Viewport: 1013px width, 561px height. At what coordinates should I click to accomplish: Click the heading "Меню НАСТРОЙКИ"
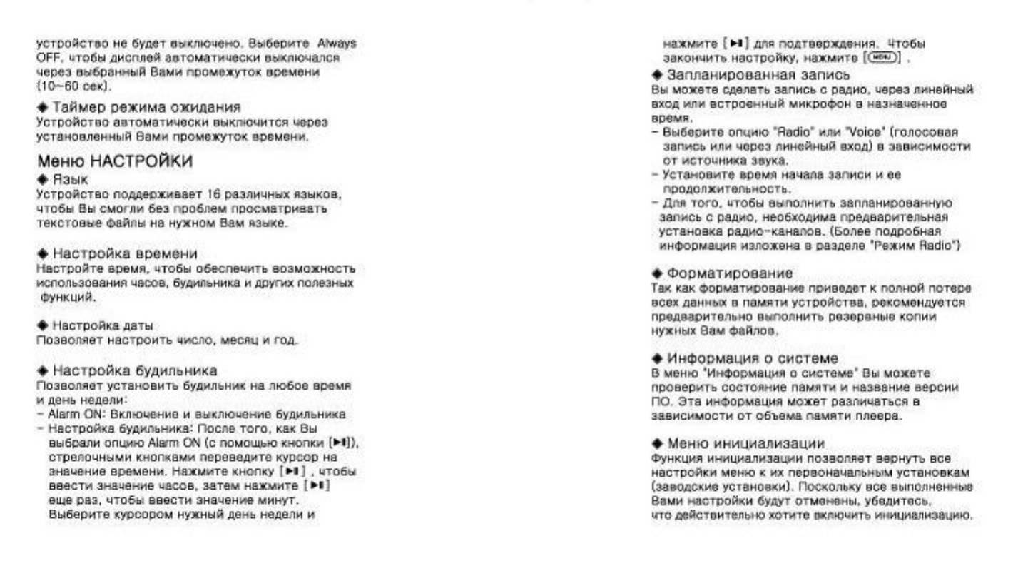(x=114, y=161)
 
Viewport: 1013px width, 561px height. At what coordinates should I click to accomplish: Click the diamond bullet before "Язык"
(x=41, y=181)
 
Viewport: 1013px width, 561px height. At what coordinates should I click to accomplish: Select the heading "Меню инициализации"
(x=745, y=443)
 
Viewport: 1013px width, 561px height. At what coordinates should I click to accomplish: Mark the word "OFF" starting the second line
(x=45, y=56)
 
